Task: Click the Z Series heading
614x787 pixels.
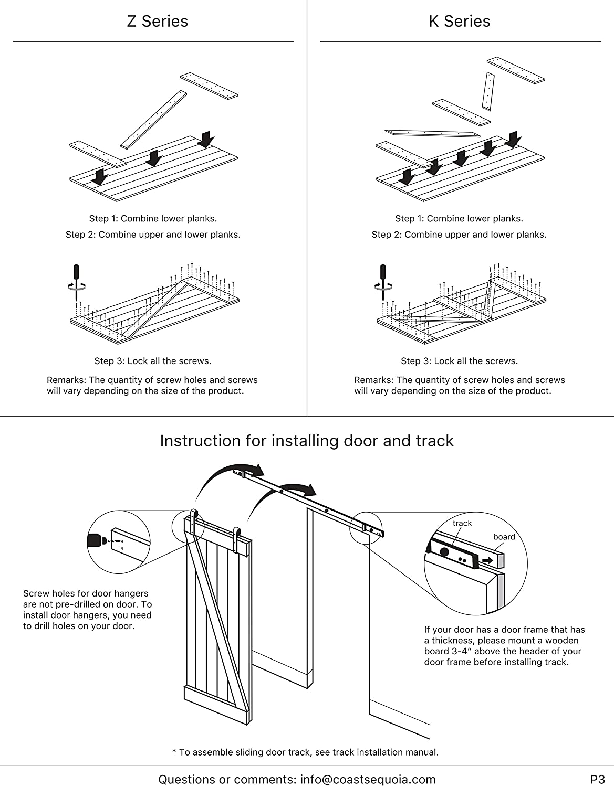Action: point(157,22)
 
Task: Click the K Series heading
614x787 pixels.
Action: point(460,22)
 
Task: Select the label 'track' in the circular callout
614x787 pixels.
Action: point(462,523)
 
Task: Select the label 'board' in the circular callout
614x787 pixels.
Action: point(504,537)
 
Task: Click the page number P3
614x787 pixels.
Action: point(597,779)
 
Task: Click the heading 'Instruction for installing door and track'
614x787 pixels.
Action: point(307,441)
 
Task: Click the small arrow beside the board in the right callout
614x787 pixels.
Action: point(488,560)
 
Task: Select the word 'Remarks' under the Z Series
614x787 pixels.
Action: point(66,380)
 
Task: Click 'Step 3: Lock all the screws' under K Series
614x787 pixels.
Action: point(459,361)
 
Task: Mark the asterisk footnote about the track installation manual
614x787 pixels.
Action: point(305,752)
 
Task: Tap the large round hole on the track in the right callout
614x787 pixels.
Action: point(445,552)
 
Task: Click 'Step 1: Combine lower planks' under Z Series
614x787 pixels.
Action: point(153,218)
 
